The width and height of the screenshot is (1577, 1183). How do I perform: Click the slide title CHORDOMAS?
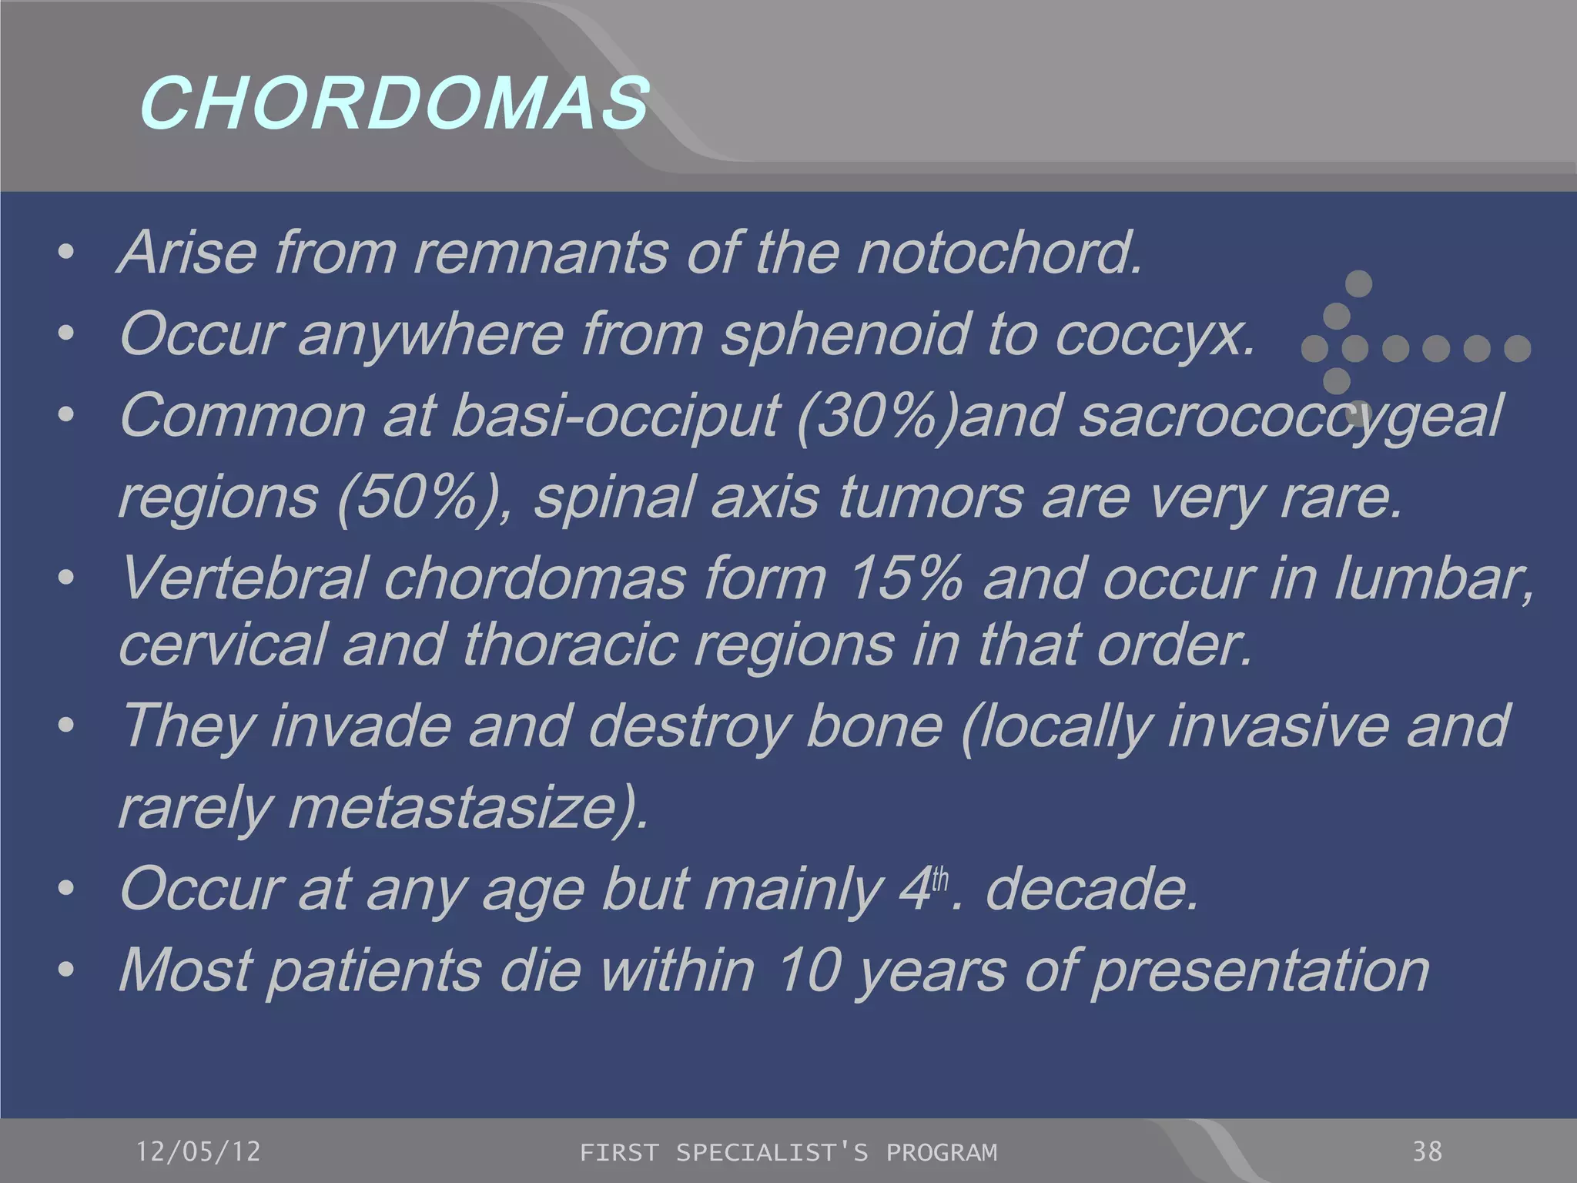(393, 103)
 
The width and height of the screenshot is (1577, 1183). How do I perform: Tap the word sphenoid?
(844, 333)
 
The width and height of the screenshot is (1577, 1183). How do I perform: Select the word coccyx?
(1154, 335)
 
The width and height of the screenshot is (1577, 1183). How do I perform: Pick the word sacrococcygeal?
(1290, 416)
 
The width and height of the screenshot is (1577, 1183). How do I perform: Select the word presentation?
(1260, 970)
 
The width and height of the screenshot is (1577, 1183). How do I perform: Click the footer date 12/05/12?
(198, 1151)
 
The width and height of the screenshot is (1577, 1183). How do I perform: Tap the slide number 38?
(1427, 1151)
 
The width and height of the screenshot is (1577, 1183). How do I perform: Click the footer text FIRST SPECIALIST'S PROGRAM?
(788, 1152)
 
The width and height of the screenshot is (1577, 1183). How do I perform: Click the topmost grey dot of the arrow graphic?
(1358, 283)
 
